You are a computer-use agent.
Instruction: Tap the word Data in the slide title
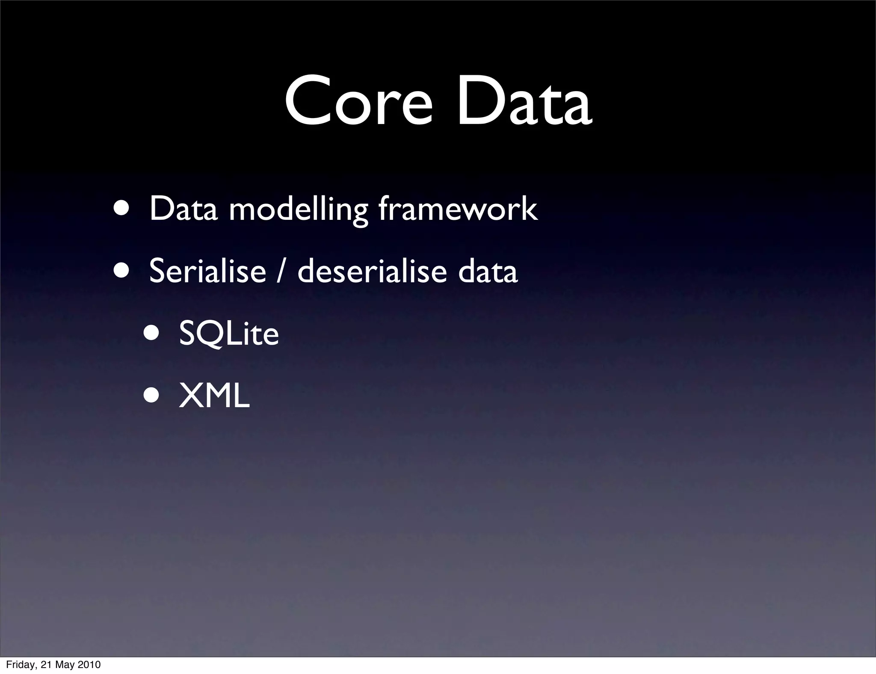pos(524,103)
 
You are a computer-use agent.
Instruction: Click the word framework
pos(458,209)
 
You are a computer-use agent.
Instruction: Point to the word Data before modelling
pos(183,209)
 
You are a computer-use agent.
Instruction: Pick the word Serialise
pos(207,271)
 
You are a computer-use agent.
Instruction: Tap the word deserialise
pos(372,271)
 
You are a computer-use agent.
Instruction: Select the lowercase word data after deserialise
pos(488,271)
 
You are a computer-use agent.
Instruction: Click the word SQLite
pos(229,334)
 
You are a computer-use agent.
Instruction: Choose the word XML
pos(214,396)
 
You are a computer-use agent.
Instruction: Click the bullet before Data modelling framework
pos(121,208)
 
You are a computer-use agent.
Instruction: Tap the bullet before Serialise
pos(121,270)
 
